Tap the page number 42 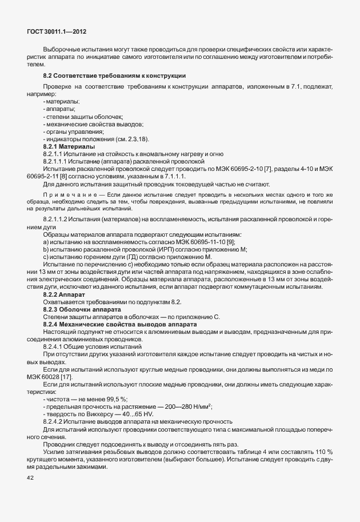point(30,479)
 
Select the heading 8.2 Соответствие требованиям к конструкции point(114,76)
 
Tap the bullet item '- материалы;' point(61,101)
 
